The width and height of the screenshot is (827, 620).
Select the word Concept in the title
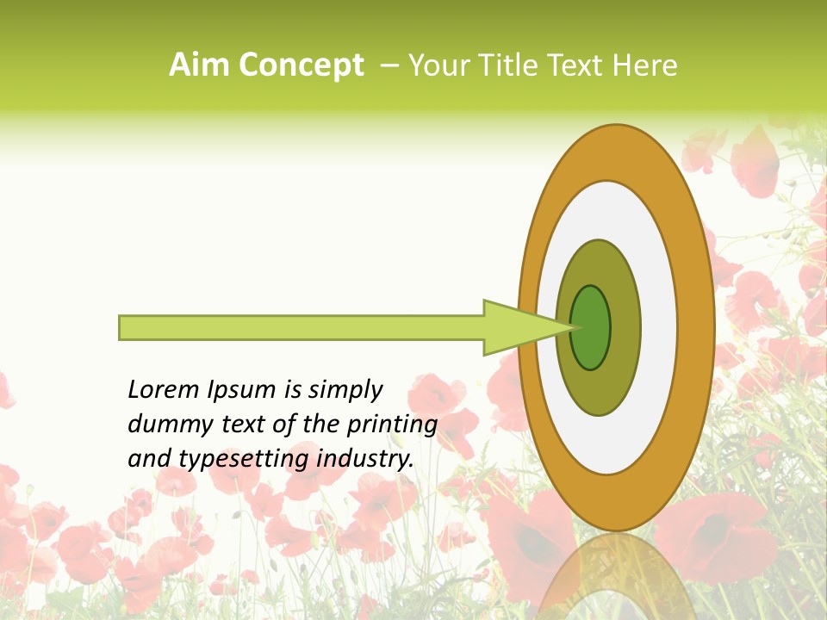click(300, 65)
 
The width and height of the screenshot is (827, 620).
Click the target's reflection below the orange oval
click(615, 577)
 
